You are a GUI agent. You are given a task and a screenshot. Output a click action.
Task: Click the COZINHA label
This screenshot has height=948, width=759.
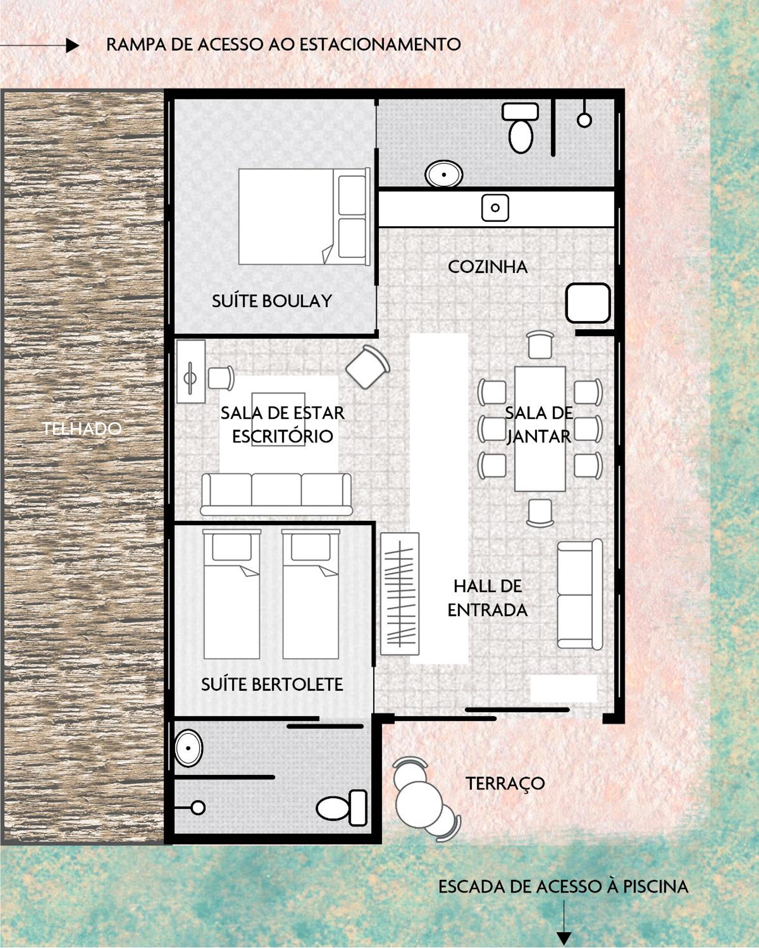tap(488, 267)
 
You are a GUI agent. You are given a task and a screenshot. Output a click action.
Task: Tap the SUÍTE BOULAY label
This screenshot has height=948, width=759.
tap(272, 301)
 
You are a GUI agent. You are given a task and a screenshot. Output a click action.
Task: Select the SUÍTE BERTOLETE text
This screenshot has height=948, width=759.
tap(272, 685)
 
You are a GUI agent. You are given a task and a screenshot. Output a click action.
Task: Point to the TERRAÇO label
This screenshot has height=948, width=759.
tap(505, 784)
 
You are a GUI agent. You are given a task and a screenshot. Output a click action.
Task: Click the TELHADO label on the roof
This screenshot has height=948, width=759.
tap(82, 429)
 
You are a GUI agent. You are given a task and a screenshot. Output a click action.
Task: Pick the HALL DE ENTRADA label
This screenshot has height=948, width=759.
tap(488, 598)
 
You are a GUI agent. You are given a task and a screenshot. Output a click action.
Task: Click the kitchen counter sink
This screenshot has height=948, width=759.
tap(495, 208)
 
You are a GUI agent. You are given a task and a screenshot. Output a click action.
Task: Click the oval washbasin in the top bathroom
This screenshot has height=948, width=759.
tap(443, 174)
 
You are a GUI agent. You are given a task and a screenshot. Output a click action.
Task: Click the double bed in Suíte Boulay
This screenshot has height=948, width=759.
tap(303, 216)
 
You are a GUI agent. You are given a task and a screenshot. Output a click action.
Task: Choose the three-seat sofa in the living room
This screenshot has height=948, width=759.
tap(276, 494)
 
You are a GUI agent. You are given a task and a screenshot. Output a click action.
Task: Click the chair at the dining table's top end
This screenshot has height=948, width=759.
tap(540, 345)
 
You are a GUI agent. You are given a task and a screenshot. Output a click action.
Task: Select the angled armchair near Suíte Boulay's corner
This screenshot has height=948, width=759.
tap(368, 367)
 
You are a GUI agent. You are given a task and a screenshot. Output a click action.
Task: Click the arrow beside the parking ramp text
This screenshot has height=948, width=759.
tap(39, 45)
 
